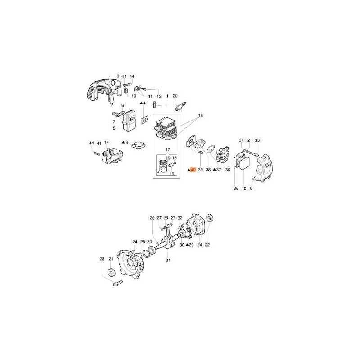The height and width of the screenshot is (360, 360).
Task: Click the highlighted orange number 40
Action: click(x=193, y=170)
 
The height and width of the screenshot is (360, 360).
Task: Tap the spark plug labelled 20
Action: click(x=181, y=106)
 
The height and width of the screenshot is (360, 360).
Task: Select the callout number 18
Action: click(x=200, y=116)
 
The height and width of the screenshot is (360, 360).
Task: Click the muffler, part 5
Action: click(x=128, y=121)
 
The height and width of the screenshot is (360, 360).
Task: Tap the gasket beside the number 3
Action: click(x=138, y=145)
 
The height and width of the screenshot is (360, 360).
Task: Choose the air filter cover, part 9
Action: click(x=262, y=167)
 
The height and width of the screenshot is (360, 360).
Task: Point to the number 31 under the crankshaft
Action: click(x=168, y=261)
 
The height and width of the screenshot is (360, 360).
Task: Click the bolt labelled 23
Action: click(x=118, y=283)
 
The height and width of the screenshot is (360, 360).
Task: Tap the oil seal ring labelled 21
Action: click(x=112, y=273)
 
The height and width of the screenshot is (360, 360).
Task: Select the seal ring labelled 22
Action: click(x=210, y=218)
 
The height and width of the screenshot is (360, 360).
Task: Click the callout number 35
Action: click(x=236, y=189)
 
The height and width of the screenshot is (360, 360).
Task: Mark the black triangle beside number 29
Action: click(x=187, y=245)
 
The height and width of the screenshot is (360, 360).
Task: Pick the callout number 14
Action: click(x=106, y=143)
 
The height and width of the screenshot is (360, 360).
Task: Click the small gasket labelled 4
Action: click(x=144, y=120)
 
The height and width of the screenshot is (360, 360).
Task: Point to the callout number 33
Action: click(x=257, y=140)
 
